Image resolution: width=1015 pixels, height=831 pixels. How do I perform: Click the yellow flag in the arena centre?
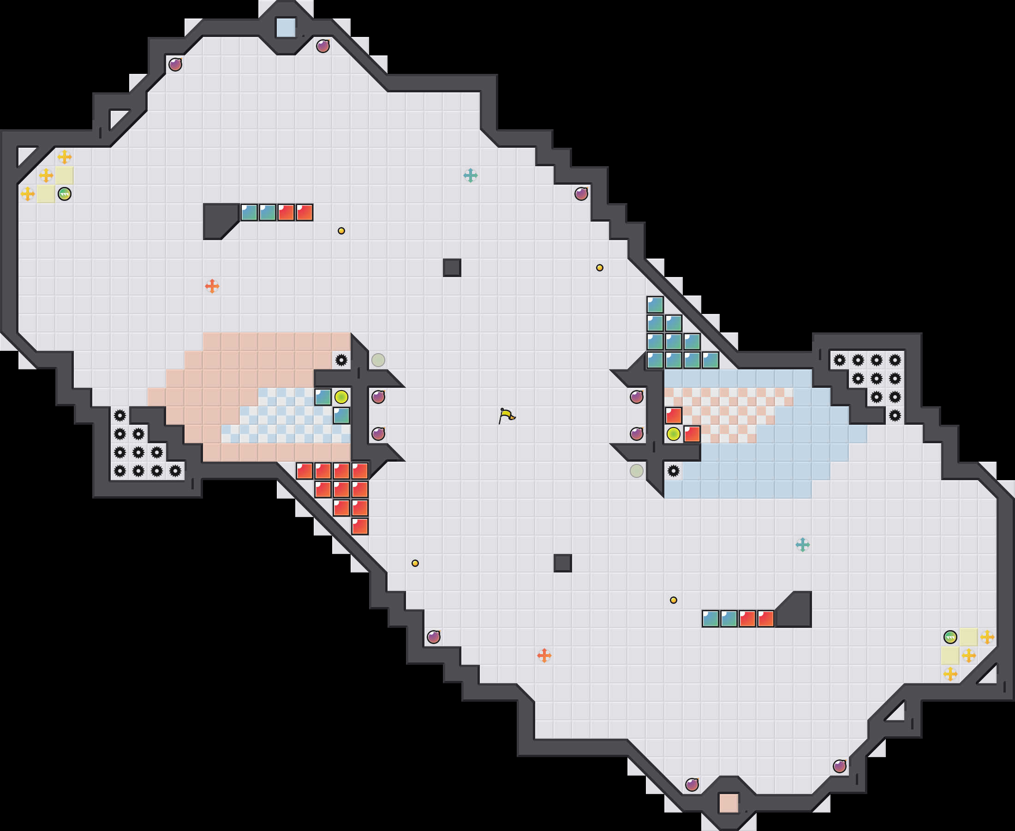tap(507, 415)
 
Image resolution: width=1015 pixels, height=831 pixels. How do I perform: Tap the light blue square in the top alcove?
tap(286, 27)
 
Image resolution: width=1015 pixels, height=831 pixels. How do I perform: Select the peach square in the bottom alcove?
tap(728, 803)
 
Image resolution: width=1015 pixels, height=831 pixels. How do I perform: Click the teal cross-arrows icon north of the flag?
tap(470, 176)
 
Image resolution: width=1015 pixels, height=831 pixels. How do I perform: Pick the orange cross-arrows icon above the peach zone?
tap(212, 286)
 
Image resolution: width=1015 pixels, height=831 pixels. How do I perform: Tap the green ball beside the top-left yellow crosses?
tap(65, 194)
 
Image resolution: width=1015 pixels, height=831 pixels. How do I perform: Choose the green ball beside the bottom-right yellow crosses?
tap(950, 637)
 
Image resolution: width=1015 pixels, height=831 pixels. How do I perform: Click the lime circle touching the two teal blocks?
tap(341, 397)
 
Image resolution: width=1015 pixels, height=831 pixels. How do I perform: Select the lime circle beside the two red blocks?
tap(674, 434)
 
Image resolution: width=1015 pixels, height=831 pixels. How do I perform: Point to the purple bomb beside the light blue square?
tap(323, 46)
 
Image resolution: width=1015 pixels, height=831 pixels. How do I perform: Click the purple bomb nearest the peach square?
tap(692, 784)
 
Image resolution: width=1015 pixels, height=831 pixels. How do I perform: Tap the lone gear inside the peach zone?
tap(341, 360)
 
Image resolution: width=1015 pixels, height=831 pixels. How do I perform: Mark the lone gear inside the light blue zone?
tap(674, 471)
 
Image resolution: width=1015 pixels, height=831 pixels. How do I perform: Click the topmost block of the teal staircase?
tap(655, 304)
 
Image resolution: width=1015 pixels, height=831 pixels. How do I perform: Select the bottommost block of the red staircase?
tap(360, 526)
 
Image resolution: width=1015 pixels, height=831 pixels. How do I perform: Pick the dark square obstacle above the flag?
tap(452, 268)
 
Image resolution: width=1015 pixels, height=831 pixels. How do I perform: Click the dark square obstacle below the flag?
tap(562, 563)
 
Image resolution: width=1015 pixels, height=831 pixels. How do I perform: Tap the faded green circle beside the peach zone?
tap(378, 360)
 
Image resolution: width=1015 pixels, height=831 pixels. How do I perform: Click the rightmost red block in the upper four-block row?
tap(304, 212)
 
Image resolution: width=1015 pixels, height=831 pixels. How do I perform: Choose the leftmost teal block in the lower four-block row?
tap(710, 619)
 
